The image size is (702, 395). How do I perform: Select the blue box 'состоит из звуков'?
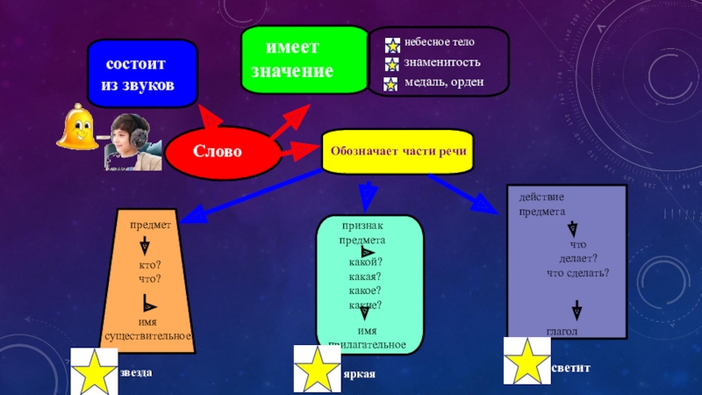pyautogui.click(x=140, y=74)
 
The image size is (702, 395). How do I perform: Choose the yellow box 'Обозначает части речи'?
pyautogui.click(x=398, y=150)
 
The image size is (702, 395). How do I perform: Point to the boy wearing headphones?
pyautogui.click(x=129, y=140)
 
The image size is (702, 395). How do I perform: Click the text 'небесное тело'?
pyautogui.click(x=440, y=42)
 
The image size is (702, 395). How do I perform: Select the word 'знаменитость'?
pyautogui.click(x=442, y=62)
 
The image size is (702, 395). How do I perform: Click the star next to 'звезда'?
pyautogui.click(x=92, y=371)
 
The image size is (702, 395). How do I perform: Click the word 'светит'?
pyautogui.click(x=572, y=365)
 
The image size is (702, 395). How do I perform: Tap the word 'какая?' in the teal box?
pyautogui.click(x=364, y=276)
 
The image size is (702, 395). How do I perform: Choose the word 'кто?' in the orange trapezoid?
pyautogui.click(x=149, y=265)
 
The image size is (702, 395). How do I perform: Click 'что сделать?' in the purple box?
pyautogui.click(x=577, y=273)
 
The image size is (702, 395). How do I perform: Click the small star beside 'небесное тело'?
pyautogui.click(x=392, y=44)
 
